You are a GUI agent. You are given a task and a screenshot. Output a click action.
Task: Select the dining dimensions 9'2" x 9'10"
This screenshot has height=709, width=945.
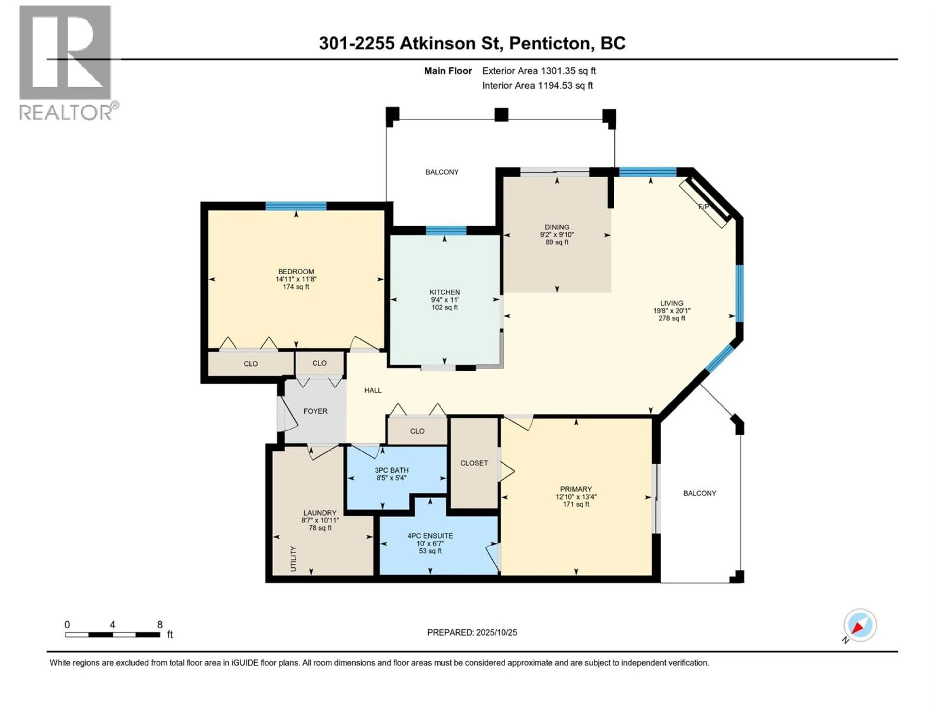click(x=557, y=235)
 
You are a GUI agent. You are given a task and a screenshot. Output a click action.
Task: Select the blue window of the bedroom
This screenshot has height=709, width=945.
click(x=296, y=206)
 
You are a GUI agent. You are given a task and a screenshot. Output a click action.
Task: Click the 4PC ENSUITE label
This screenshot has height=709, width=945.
click(x=430, y=535)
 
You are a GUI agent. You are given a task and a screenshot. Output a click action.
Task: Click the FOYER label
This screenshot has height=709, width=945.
click(x=315, y=411)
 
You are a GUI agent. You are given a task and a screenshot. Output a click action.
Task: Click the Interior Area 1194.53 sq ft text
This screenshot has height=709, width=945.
click(x=537, y=85)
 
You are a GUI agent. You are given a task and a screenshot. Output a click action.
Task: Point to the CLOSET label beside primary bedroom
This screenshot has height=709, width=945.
click(x=474, y=463)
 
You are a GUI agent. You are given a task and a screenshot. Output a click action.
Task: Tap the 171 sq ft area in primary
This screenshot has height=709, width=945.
click(x=576, y=504)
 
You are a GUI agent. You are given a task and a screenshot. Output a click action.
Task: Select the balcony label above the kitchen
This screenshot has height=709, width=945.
click(x=442, y=172)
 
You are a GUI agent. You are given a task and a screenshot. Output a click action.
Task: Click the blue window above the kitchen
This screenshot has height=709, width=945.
click(x=446, y=230)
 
